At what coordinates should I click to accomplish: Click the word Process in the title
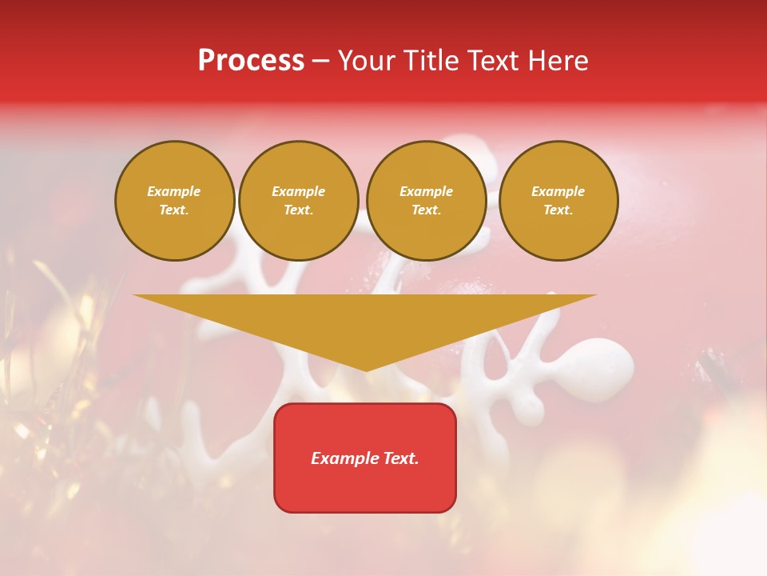click(251, 61)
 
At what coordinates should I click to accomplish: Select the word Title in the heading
click(432, 61)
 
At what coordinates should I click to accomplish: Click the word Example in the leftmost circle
click(174, 191)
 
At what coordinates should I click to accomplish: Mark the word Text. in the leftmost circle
click(174, 210)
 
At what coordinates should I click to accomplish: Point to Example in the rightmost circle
click(558, 191)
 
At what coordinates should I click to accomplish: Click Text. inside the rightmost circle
click(558, 210)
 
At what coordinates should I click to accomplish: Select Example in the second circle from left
click(299, 191)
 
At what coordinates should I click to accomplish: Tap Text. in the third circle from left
click(427, 210)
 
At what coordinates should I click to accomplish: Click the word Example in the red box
click(344, 458)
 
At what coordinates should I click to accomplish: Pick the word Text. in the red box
click(399, 458)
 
